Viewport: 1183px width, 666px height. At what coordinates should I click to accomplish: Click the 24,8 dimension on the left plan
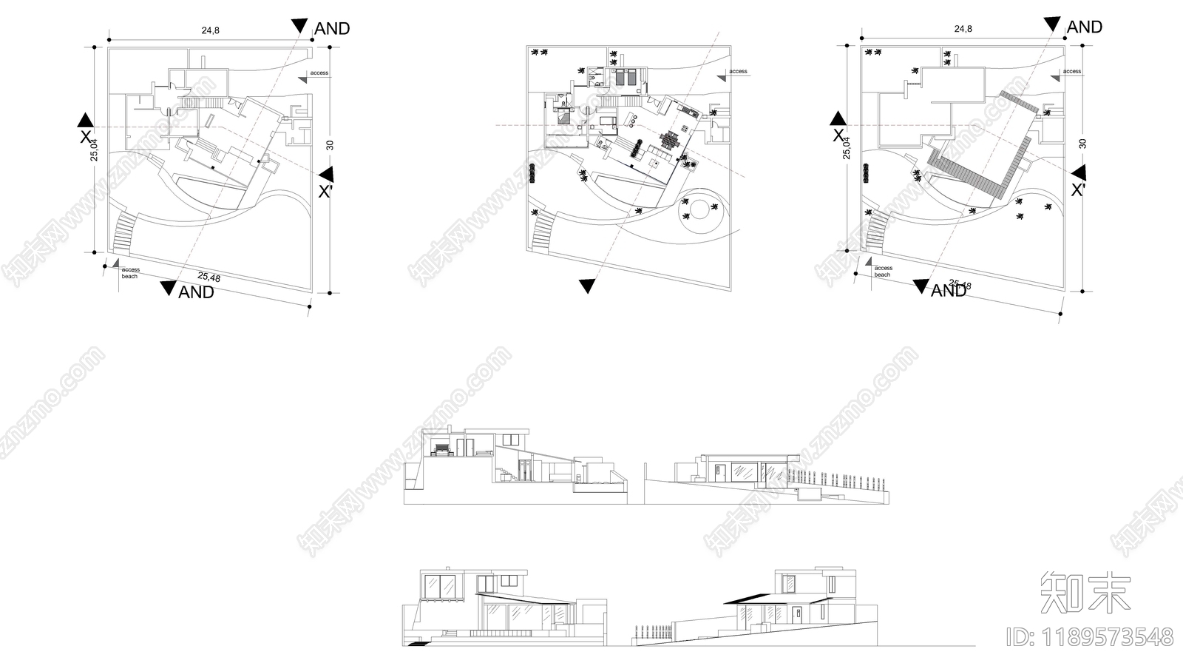click(x=210, y=30)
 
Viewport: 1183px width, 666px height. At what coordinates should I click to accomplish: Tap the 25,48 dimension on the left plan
click(x=209, y=277)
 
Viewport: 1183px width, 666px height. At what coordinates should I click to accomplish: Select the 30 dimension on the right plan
click(x=1082, y=144)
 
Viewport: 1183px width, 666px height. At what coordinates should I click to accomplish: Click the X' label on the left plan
click(x=325, y=192)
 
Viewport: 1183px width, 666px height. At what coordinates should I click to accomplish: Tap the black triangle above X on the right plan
click(x=838, y=118)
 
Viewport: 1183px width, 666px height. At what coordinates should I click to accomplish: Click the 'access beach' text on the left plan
click(x=130, y=273)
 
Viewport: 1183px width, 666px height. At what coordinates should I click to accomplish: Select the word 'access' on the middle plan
click(x=738, y=72)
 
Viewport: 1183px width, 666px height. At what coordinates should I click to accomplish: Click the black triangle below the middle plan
click(x=587, y=286)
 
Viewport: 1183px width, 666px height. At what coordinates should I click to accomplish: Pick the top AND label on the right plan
click(x=1084, y=27)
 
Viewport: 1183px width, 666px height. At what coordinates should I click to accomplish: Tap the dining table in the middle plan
click(x=670, y=141)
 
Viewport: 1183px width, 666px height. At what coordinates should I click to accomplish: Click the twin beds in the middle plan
click(x=626, y=75)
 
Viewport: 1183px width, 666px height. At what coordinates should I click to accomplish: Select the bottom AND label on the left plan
click(x=196, y=292)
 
